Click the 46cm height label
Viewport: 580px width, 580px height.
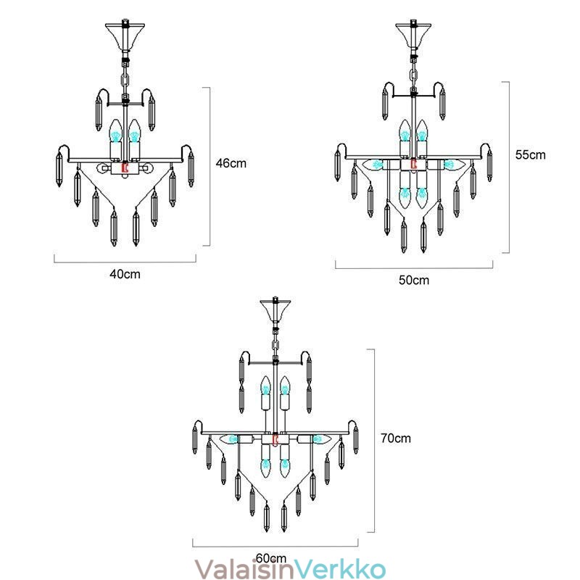tap(231, 163)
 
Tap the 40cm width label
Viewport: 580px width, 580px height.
tap(125, 274)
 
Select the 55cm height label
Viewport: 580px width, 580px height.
tap(531, 154)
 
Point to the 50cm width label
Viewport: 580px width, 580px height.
tap(414, 280)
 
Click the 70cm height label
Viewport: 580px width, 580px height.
tap(396, 439)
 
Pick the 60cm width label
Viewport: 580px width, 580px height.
tap(271, 558)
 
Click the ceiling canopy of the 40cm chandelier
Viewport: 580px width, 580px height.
tap(125, 37)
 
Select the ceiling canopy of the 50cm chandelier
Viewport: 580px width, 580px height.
tap(413, 35)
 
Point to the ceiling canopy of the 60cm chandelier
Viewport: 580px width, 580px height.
tap(275, 310)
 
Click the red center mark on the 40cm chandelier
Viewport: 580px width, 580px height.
tap(125, 167)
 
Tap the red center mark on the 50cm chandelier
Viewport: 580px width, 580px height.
tap(413, 164)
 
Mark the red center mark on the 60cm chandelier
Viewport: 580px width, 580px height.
tap(275, 439)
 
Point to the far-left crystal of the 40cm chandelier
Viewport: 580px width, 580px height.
tap(59, 169)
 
